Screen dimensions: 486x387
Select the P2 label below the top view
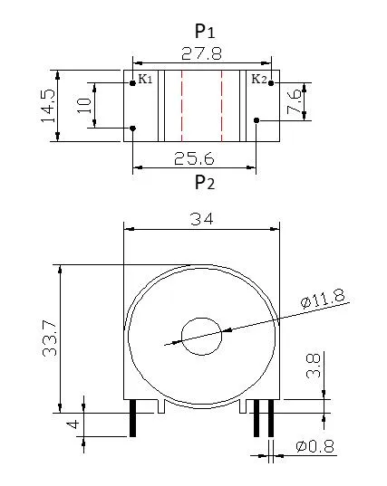click(x=205, y=183)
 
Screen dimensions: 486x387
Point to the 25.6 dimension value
click(x=197, y=157)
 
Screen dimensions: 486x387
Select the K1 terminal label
click(x=145, y=80)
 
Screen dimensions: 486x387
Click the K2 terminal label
click(x=257, y=80)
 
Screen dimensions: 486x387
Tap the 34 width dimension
click(x=204, y=218)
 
